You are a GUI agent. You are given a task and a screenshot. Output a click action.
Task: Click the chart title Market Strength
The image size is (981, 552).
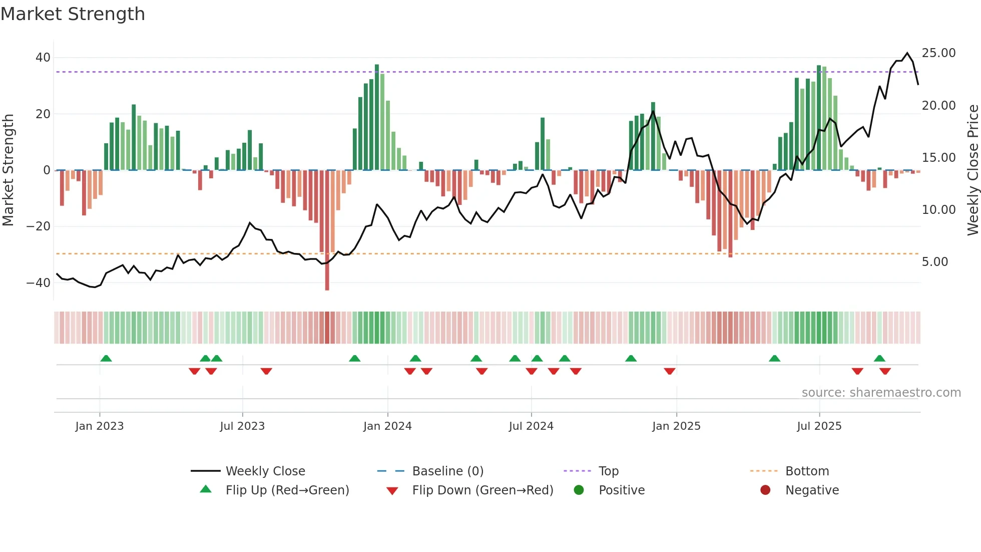tap(73, 14)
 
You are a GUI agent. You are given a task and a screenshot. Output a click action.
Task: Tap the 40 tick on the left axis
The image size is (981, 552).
tap(43, 58)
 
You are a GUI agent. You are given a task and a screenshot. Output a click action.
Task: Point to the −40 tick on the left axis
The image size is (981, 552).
tap(39, 283)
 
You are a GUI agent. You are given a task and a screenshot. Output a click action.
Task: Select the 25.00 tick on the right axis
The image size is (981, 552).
tap(938, 53)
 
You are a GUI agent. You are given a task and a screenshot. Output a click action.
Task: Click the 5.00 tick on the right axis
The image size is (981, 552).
tap(934, 262)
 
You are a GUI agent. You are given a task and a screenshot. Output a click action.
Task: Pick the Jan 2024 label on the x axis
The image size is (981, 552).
tap(387, 426)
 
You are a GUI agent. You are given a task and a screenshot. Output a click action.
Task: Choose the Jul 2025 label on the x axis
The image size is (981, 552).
tap(819, 426)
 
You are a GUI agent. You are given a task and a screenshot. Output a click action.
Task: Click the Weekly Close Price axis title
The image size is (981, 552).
tap(972, 170)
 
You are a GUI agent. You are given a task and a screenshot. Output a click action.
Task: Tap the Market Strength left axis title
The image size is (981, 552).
tap(8, 170)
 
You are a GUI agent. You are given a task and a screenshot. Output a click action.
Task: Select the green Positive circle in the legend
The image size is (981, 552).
tap(579, 490)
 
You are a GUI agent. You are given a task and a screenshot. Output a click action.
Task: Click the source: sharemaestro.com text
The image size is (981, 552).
tap(881, 393)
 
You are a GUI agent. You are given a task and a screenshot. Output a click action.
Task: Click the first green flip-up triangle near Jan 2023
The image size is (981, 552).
tap(106, 359)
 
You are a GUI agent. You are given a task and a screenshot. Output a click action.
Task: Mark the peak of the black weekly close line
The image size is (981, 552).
tap(907, 53)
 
